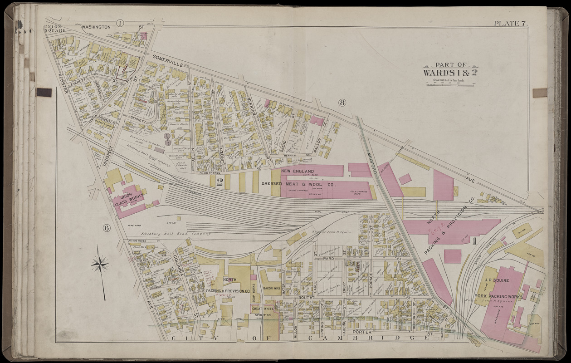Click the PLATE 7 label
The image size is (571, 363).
[510, 24]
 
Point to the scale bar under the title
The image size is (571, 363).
[449, 83]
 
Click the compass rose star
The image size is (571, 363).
[100, 263]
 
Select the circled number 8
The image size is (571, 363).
[342, 103]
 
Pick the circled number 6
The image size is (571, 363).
[107, 228]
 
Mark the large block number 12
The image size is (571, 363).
[220, 182]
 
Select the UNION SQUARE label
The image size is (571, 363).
[54, 29]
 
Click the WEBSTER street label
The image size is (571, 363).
[63, 83]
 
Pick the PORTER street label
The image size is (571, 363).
[365, 332]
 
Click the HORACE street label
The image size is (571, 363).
[371, 278]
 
